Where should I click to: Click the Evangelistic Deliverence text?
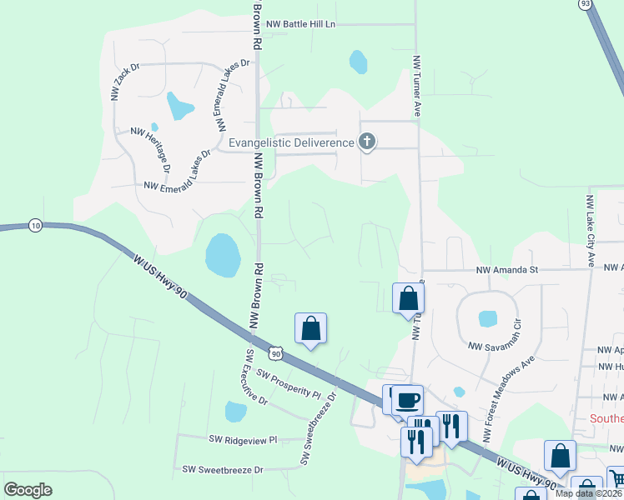click(292, 142)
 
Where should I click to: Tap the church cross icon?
click(366, 142)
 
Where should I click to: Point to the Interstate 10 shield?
click(35, 225)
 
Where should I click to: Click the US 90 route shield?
click(276, 353)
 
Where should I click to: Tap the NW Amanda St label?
click(509, 270)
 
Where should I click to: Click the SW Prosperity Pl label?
click(289, 382)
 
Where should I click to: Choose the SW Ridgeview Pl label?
click(243, 439)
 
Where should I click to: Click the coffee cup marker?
click(408, 399)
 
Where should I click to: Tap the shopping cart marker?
click(616, 479)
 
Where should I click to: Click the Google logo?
click(28, 490)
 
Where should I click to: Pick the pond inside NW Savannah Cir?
click(487, 318)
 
